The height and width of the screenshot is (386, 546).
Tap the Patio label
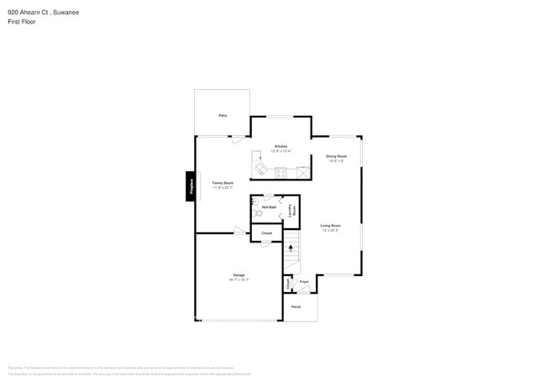coord(223,115)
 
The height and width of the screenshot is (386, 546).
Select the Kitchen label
coord(281,147)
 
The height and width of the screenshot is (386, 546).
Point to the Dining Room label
coord(337,156)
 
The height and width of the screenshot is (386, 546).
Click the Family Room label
coord(223,183)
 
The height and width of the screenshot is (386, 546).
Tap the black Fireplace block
coord(191,186)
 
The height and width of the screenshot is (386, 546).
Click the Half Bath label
coord(270,206)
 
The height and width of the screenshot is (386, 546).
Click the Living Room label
coord(330,225)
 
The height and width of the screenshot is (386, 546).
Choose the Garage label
coord(239,275)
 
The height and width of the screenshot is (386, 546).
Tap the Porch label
coord(297,307)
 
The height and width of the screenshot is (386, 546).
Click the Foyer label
coord(305,283)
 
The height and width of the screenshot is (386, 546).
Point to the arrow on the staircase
coord(291,250)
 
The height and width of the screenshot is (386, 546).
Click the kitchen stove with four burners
coord(281,172)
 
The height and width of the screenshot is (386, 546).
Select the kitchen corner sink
coord(260,170)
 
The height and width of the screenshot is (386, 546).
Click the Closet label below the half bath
coord(266,233)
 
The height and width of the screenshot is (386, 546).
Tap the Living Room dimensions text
coord(330,230)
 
